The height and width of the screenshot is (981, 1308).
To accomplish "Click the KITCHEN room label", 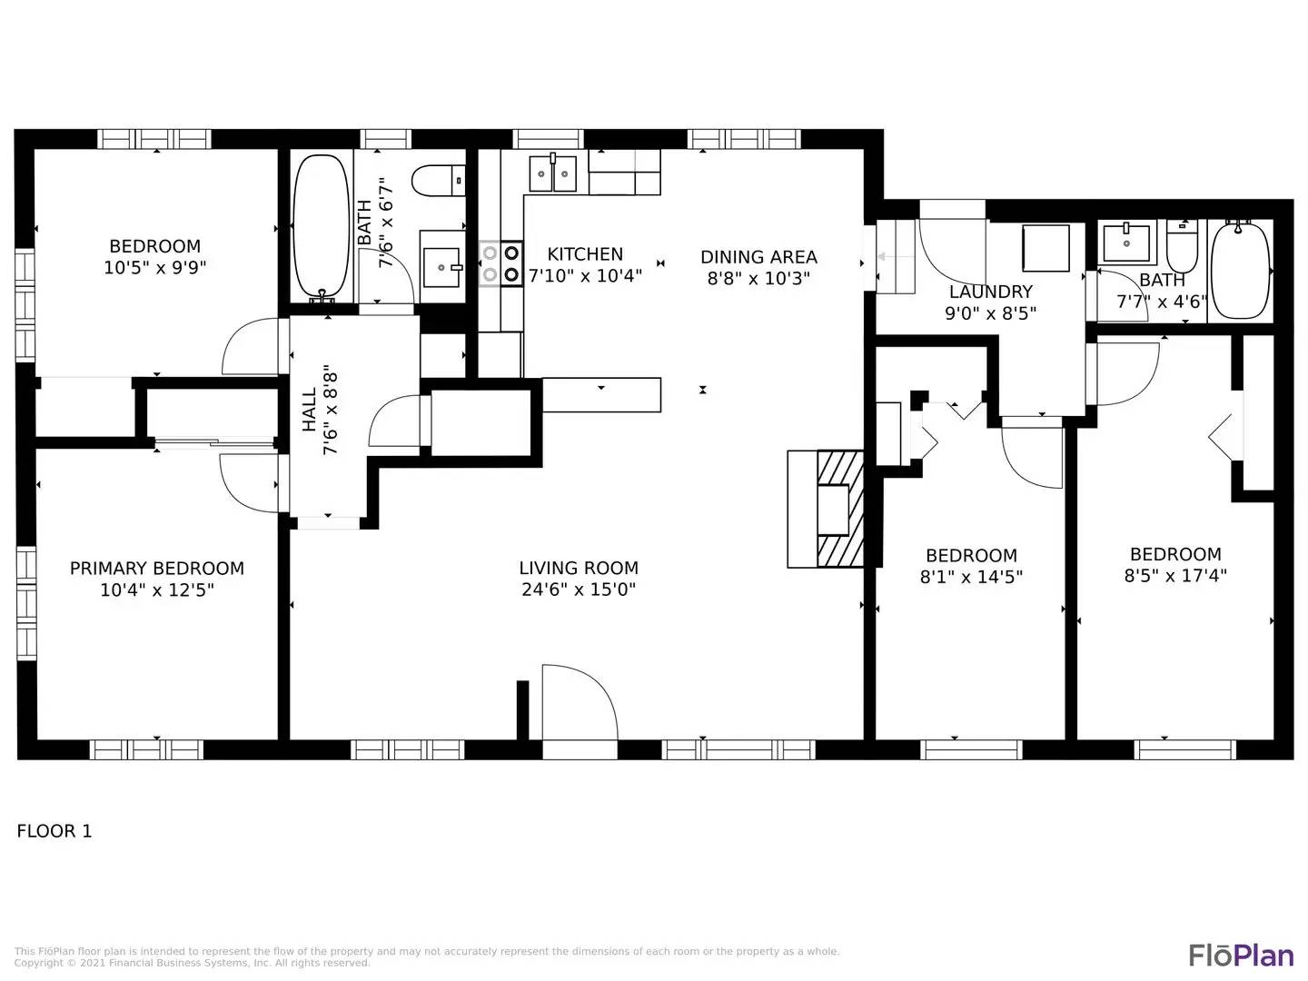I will tap(585, 254).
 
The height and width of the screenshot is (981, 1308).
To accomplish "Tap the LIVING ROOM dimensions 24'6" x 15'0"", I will tap(579, 590).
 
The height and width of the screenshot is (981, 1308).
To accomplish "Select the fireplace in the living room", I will tap(826, 509).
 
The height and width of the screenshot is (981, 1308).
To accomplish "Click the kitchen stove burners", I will tap(500, 263).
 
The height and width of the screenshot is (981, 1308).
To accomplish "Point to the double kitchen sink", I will tap(553, 173).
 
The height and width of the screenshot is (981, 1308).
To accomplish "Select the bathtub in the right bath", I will tap(1240, 269).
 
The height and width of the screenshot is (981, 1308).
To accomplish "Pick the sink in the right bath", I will tap(1126, 243).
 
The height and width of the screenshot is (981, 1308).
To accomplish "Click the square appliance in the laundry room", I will tap(1045, 248).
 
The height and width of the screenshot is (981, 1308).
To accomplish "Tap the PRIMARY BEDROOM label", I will tap(157, 569).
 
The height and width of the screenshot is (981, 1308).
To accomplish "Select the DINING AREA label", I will tap(758, 257).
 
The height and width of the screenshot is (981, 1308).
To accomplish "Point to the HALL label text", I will tap(310, 411).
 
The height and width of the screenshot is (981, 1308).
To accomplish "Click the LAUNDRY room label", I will tap(990, 292).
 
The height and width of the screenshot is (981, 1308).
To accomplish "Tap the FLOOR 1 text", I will tap(54, 831).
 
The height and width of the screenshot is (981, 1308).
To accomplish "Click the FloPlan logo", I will tap(1241, 956).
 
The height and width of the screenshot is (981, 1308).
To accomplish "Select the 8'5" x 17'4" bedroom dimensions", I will tap(1175, 576).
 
